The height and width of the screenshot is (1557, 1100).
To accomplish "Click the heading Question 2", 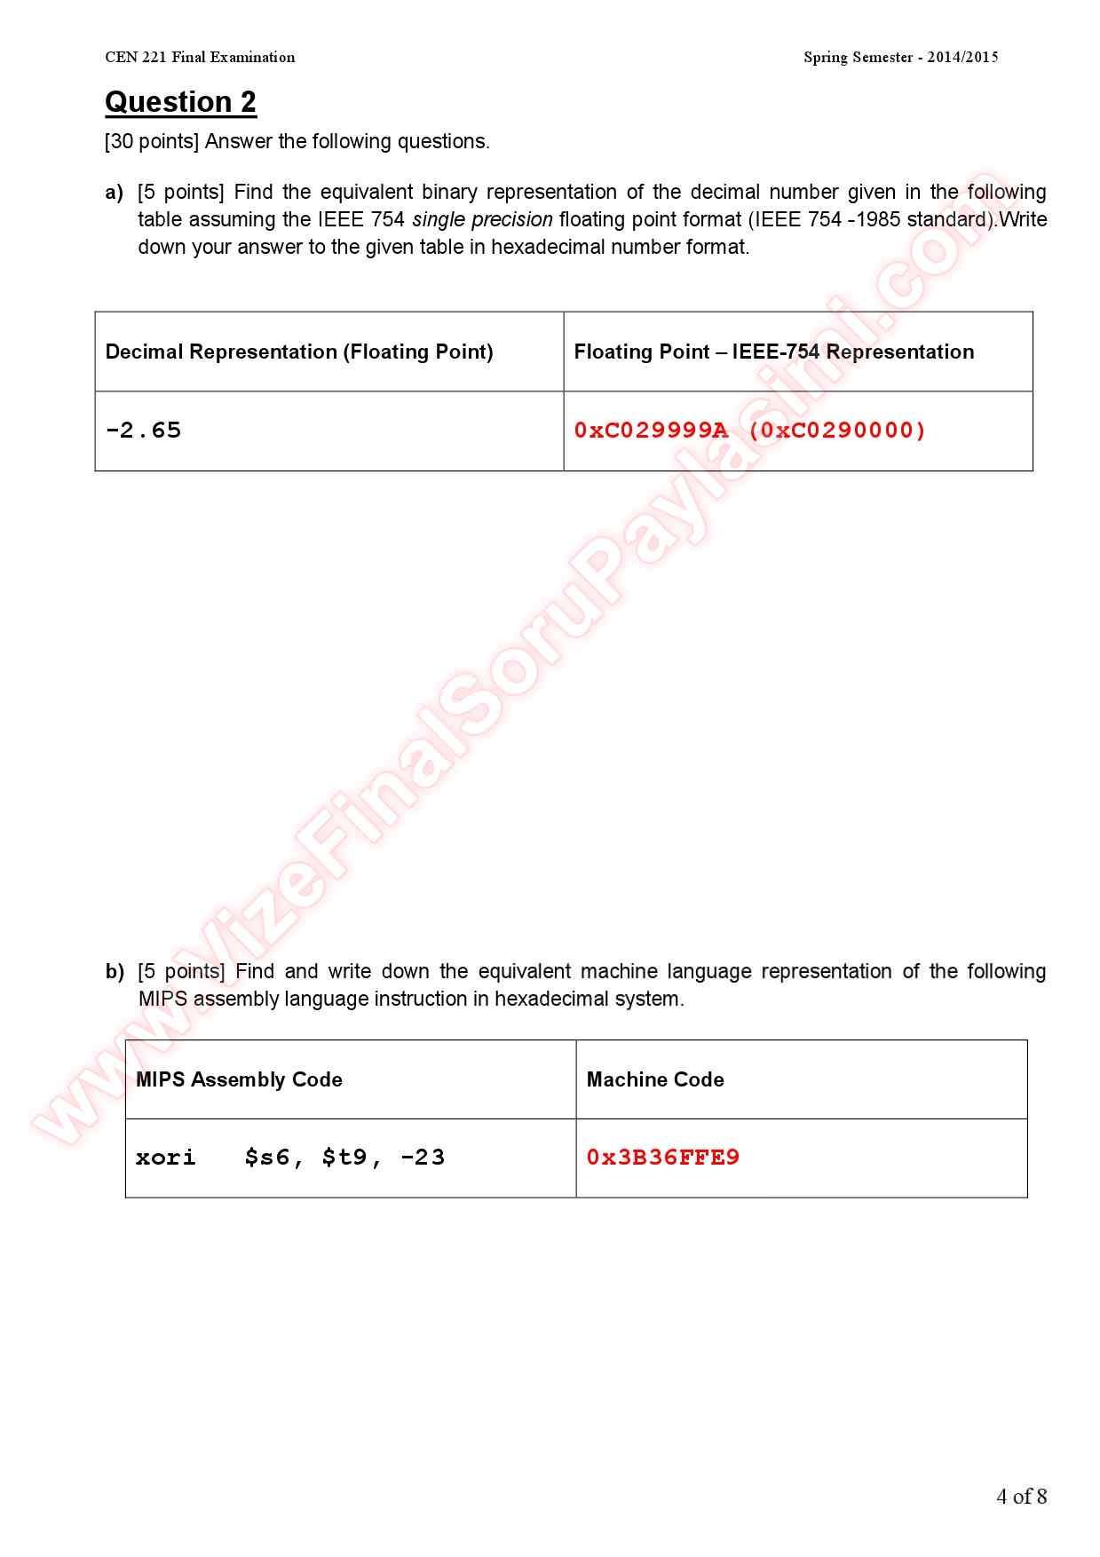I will (x=180, y=102).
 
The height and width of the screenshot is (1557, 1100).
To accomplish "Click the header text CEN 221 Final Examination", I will (x=200, y=58).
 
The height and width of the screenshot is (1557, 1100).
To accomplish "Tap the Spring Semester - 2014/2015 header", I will (x=900, y=58).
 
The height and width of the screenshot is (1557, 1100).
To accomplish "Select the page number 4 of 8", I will (x=1021, y=1497).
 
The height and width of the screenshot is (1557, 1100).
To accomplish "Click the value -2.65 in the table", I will (x=143, y=431).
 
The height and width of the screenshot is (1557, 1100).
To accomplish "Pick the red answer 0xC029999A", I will (x=651, y=431).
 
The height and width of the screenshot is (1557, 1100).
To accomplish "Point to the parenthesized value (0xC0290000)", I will (x=837, y=431).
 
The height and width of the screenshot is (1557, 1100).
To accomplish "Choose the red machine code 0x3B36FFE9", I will (x=662, y=1158).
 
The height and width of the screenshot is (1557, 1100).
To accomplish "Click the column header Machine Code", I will (x=655, y=1079).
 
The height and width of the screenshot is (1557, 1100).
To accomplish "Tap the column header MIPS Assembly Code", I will (x=239, y=1079).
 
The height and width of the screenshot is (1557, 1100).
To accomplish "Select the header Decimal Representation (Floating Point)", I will (x=299, y=352).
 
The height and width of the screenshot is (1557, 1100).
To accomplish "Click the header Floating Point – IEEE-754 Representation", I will (x=773, y=352).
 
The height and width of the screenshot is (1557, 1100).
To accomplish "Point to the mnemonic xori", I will (x=165, y=1158).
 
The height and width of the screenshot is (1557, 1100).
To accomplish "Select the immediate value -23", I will (x=423, y=1158).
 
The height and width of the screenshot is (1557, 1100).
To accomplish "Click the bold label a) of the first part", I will (x=114, y=193).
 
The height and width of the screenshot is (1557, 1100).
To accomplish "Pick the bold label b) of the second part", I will (x=115, y=972).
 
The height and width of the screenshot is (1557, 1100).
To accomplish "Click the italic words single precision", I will (x=482, y=219).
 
